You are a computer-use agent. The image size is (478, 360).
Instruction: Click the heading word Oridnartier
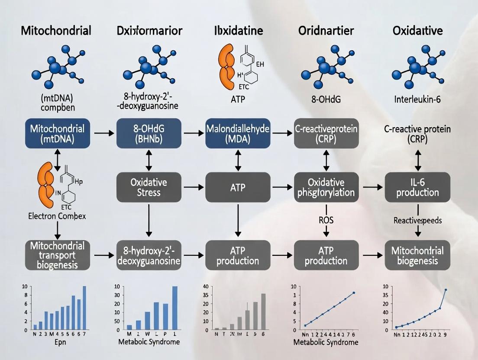click(x=326, y=31)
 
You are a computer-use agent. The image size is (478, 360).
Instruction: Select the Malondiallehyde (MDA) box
click(x=238, y=133)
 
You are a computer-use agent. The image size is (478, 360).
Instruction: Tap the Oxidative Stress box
click(x=149, y=187)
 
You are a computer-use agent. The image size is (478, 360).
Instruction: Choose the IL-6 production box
click(x=418, y=187)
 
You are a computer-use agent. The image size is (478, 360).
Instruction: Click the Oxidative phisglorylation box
click(x=326, y=187)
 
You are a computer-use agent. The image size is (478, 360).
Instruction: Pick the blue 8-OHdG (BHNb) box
click(x=149, y=133)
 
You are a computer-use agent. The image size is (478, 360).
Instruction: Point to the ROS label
click(x=326, y=220)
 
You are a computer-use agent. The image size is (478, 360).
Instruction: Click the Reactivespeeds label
click(x=417, y=220)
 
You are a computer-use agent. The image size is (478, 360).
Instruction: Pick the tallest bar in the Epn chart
click(x=84, y=308)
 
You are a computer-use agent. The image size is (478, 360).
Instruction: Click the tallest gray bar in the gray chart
click(x=263, y=312)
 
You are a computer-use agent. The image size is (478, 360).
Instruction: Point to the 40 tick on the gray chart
click(x=206, y=286)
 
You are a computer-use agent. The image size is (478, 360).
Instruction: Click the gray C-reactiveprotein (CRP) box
click(x=326, y=133)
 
